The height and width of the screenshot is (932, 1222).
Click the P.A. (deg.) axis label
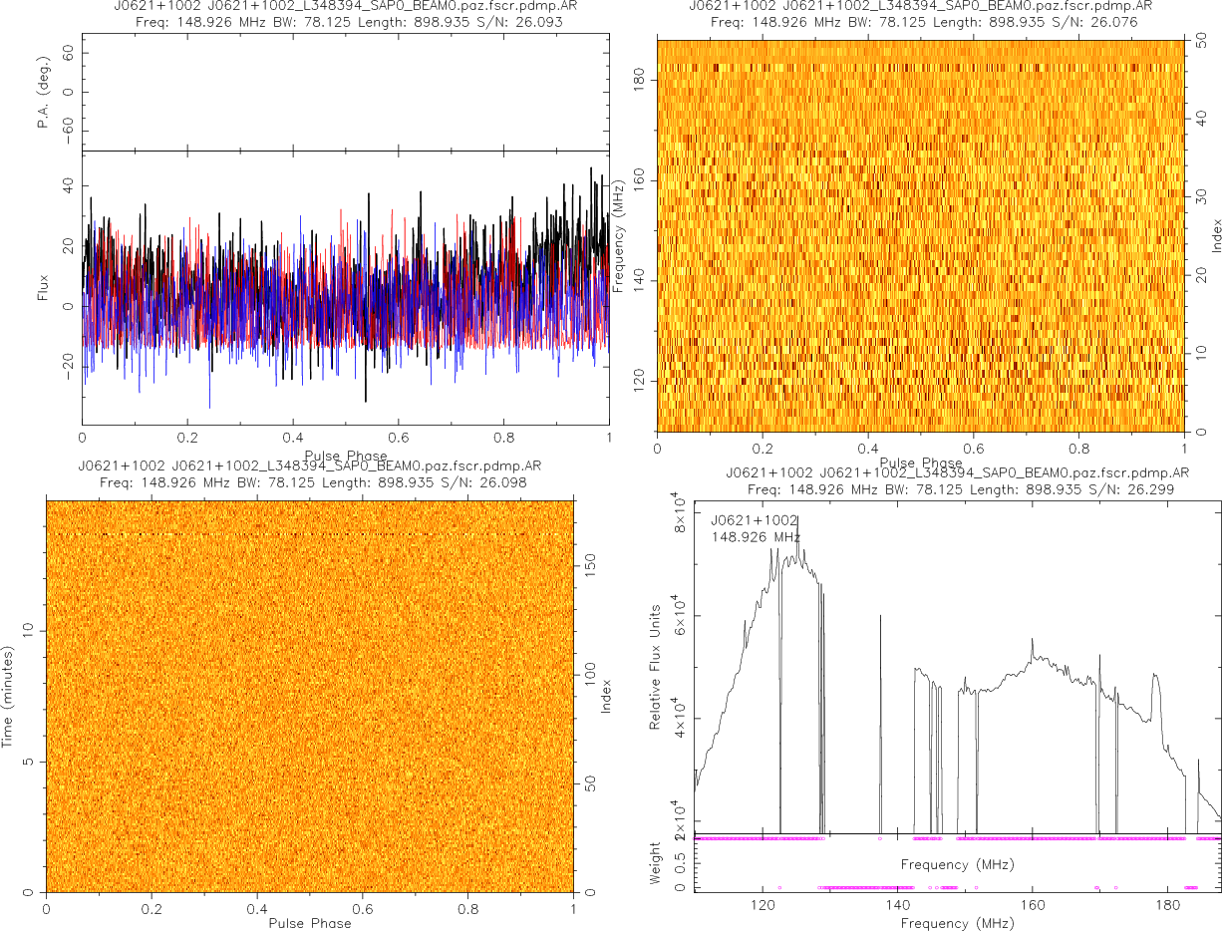(x=43, y=93)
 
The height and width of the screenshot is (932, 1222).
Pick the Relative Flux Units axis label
(x=655, y=666)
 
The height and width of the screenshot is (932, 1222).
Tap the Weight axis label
(x=655, y=862)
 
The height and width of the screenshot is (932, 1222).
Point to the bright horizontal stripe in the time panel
(x=310, y=535)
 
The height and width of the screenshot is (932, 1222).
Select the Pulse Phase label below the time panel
(x=310, y=923)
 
